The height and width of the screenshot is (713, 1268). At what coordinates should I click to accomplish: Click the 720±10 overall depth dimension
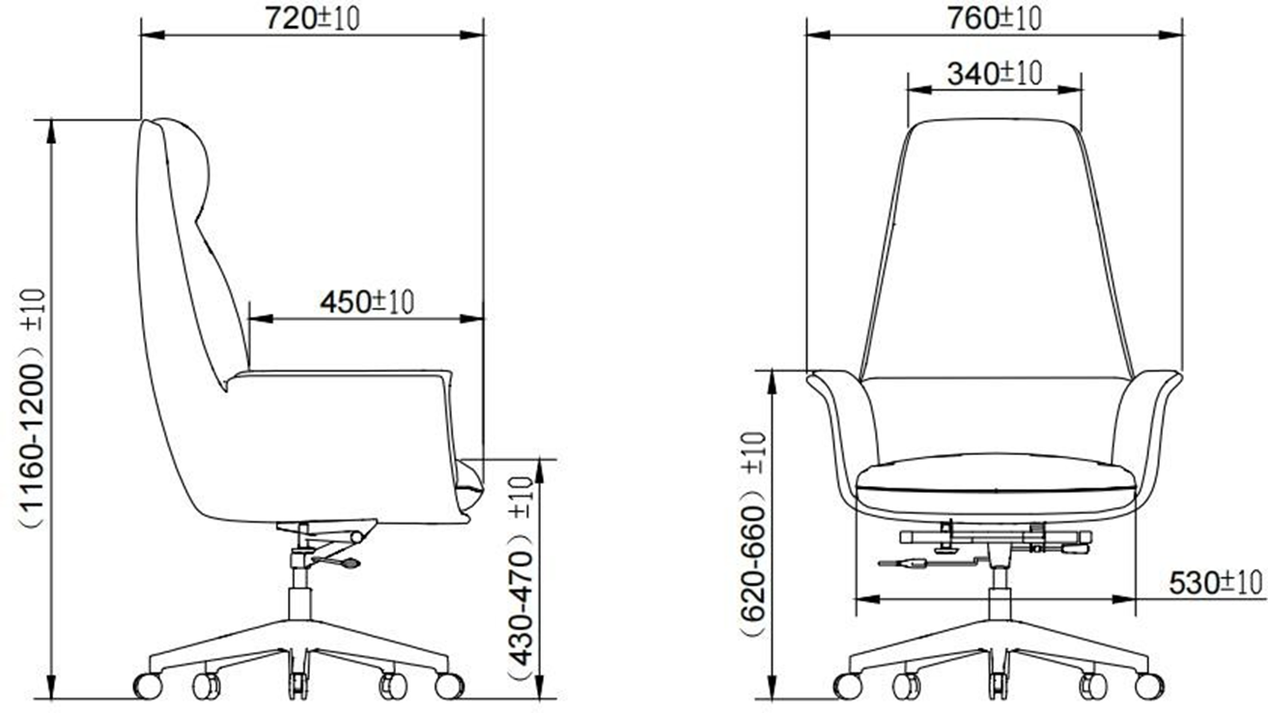click(x=313, y=18)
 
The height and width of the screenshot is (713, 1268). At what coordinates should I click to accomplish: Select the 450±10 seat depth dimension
click(x=367, y=301)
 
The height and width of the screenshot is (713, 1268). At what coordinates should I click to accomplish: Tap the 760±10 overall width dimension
click(x=995, y=18)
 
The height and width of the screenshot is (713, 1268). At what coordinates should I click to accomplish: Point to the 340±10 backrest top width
click(x=995, y=73)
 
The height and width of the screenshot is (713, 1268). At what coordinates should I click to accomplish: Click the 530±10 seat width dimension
click(x=1216, y=584)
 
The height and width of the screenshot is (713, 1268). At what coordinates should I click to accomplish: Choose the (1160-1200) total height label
click(x=32, y=408)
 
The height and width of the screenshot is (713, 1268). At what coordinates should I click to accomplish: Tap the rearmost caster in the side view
click(x=148, y=686)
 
